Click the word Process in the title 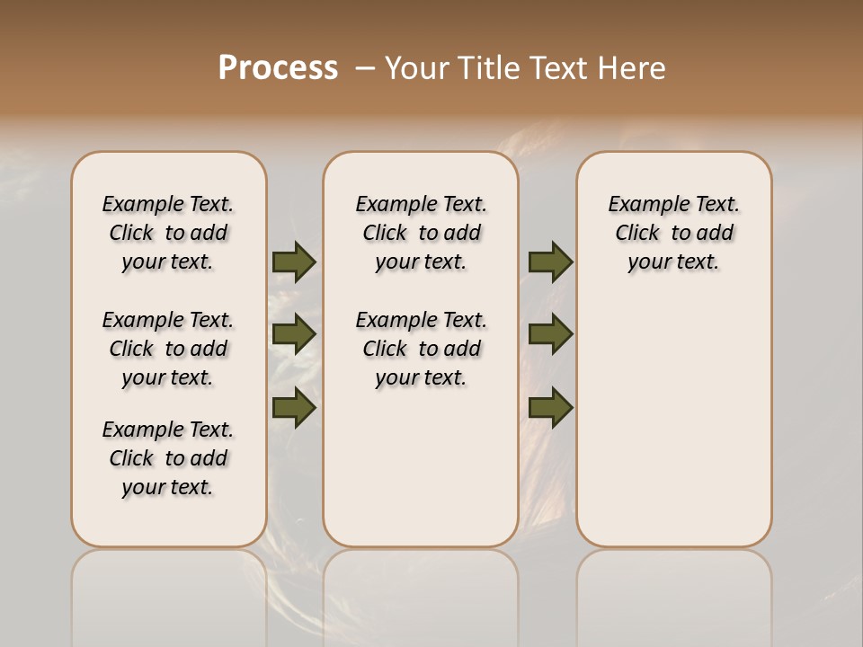(278, 67)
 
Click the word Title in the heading (490, 67)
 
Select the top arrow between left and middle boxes (294, 261)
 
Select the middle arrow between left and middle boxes (294, 334)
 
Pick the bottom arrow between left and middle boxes (294, 407)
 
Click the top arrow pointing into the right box (551, 261)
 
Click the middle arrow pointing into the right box (551, 334)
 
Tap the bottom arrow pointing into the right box (551, 407)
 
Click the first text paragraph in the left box (168, 233)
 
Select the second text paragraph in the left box (168, 349)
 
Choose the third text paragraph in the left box (168, 458)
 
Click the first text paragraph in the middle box (421, 233)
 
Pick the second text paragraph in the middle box (421, 349)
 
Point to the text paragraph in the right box (674, 233)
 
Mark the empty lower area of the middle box (421, 467)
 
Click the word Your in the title (417, 67)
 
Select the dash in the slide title (365, 68)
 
